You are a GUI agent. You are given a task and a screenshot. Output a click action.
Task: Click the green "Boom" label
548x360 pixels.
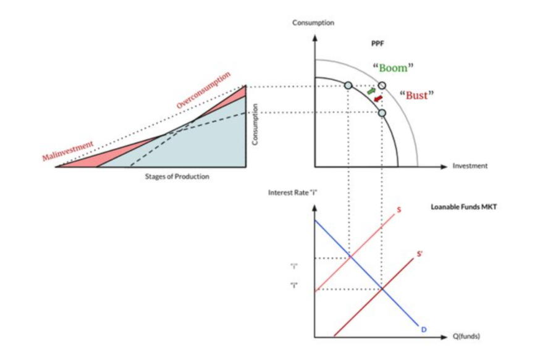click(393, 68)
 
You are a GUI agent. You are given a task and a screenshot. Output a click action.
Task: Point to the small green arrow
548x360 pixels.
click(371, 91)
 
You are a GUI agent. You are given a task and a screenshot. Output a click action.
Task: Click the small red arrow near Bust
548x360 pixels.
click(378, 98)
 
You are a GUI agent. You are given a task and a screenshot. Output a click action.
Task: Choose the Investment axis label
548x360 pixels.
click(470, 166)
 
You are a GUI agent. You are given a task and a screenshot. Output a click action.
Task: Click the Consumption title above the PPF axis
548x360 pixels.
click(314, 23)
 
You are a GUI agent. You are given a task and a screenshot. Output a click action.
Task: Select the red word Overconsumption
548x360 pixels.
click(203, 91)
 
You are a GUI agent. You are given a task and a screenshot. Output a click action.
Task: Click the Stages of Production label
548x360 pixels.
click(177, 177)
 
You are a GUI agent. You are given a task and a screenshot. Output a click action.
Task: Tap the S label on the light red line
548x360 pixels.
click(399, 210)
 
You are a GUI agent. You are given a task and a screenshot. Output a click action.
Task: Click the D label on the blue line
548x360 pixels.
click(424, 329)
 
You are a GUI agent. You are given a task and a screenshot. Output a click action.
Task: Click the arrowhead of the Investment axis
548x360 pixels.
click(443, 167)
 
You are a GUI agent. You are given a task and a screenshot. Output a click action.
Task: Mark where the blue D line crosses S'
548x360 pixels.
click(382, 288)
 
